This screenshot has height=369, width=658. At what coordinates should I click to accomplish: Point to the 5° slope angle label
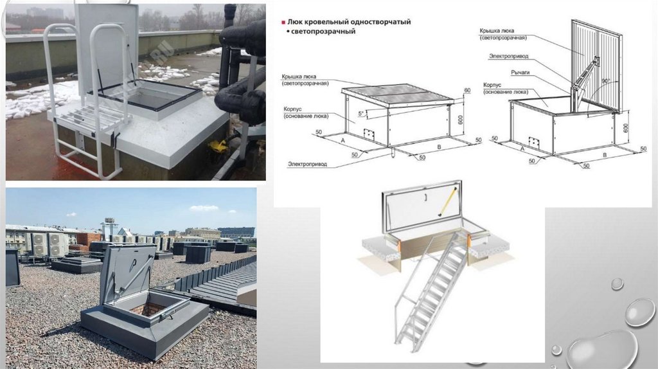pyautogui.click(x=362, y=113)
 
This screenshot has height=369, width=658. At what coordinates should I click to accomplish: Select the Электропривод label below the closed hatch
pyautogui.click(x=308, y=164)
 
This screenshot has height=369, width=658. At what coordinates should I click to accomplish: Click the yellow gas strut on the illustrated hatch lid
pyautogui.click(x=447, y=200)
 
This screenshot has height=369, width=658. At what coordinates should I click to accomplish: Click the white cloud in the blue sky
pyautogui.click(x=204, y=208)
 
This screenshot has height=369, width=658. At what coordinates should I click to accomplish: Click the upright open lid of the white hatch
pyautogui.click(x=107, y=45)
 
